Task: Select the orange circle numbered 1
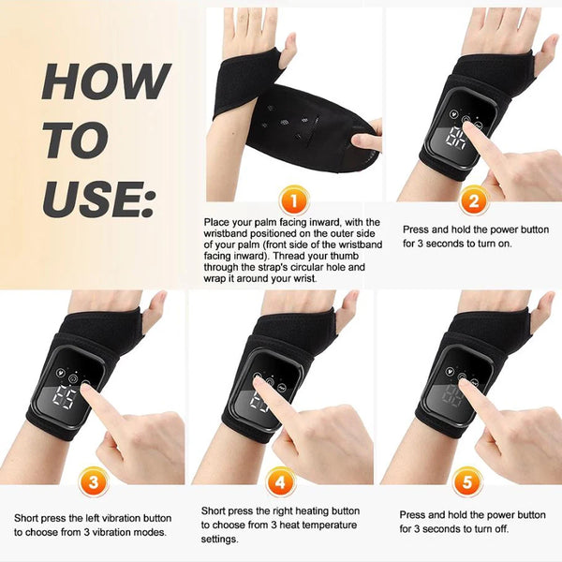(293, 199)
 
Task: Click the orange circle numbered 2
(474, 200)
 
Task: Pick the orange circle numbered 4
(280, 485)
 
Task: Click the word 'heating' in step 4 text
(308, 511)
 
